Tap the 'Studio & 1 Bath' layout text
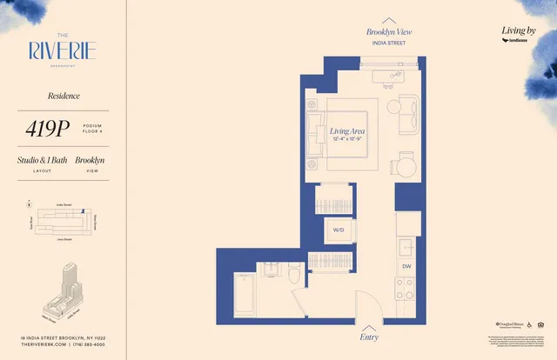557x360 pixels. pos(42,161)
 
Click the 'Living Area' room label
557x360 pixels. pos(346,132)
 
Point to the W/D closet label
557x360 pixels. pos(337,230)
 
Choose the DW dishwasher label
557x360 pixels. pos(406,267)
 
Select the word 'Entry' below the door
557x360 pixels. pos(369,336)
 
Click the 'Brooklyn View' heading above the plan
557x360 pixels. pos(389,32)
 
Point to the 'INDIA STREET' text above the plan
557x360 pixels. pos(389,42)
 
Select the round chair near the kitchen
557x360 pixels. pos(403,164)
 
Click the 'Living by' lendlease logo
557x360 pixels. pos(520,34)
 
